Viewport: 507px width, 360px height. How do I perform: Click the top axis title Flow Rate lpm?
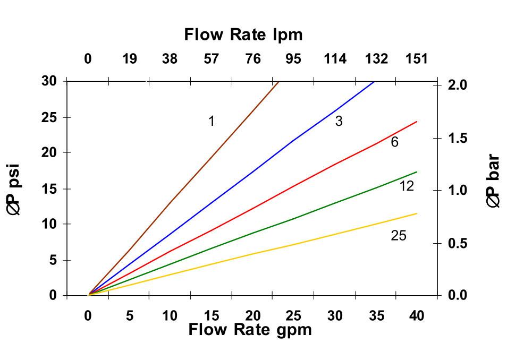click(x=243, y=35)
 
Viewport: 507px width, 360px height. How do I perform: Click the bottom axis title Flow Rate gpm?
click(x=249, y=330)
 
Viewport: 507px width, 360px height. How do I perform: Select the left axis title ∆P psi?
click(x=14, y=189)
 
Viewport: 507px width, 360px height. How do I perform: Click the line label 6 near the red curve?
click(x=394, y=142)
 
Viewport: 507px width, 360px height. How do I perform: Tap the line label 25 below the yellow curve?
click(x=398, y=235)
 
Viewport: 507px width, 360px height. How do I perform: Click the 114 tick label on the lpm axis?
click(x=335, y=59)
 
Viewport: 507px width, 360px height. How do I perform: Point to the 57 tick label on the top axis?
click(x=211, y=59)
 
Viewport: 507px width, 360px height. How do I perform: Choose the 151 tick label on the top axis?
click(x=417, y=59)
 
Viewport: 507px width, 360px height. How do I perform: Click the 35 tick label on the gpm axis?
click(x=376, y=316)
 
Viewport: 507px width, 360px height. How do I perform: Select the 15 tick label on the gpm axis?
click(x=211, y=316)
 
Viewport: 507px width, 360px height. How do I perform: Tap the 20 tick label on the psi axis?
click(x=49, y=153)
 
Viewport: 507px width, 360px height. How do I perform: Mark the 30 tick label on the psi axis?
click(x=49, y=81)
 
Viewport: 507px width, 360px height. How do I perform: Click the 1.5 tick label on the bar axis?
click(x=458, y=139)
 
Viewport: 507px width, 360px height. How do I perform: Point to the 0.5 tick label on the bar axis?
click(x=458, y=244)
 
